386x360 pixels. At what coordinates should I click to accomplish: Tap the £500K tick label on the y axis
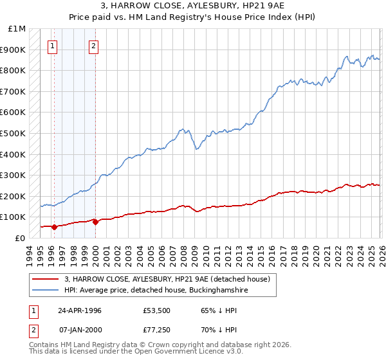click(14, 134)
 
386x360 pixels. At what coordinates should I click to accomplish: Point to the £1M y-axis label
click(17, 29)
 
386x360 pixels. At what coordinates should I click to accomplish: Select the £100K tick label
click(14, 217)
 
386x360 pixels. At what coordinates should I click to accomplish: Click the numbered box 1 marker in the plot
click(52, 46)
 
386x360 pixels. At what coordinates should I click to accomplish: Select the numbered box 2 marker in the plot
click(94, 46)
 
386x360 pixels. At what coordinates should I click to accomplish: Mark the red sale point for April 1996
click(55, 226)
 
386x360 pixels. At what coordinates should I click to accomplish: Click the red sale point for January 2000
click(96, 222)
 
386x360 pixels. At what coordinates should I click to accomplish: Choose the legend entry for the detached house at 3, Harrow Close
click(170, 279)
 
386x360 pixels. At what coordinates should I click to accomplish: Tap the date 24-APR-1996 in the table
click(80, 310)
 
